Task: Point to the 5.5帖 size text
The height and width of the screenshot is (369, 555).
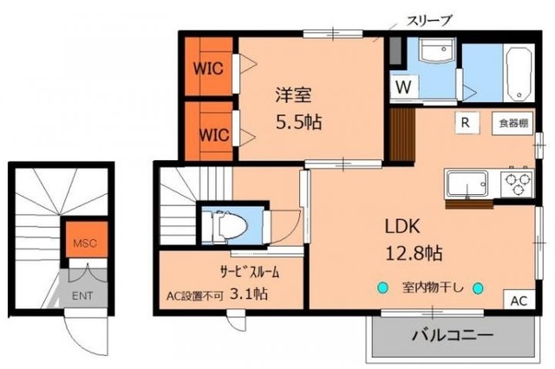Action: coord(297,121)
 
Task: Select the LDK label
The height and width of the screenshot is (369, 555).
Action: coord(402,226)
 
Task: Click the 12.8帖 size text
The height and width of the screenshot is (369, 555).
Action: coord(415,254)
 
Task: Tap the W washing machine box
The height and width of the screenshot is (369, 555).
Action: coord(404,87)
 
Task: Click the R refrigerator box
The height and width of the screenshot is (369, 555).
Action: coord(466,122)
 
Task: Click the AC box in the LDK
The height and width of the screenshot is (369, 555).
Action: coord(518,301)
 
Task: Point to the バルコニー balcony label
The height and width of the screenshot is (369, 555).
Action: coord(452,334)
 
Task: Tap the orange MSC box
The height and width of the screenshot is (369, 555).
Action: coord(84,241)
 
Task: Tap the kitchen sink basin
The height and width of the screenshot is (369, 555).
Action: coord(469,184)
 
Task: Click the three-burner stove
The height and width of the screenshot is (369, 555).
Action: coord(517,184)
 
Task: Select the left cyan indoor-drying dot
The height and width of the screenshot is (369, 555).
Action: coord(379,288)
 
